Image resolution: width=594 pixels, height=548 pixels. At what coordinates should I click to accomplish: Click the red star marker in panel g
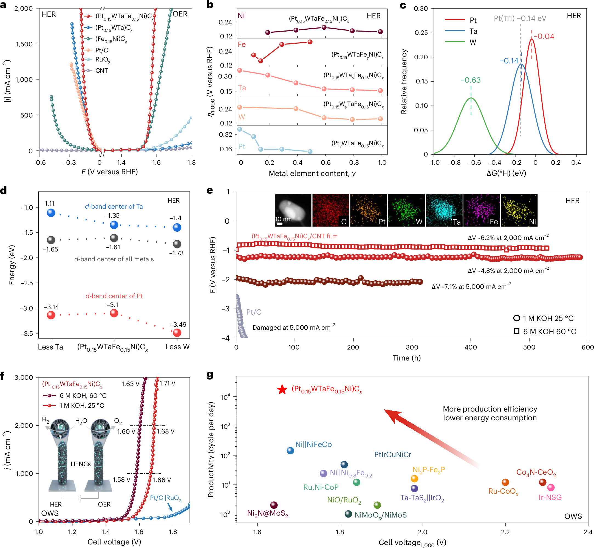(282, 390)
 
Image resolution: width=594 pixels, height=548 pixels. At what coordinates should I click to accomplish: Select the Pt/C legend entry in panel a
(102, 50)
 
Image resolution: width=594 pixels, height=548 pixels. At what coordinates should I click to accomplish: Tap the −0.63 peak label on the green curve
(471, 80)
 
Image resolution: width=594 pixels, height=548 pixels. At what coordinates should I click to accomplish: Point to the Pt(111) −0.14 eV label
(520, 18)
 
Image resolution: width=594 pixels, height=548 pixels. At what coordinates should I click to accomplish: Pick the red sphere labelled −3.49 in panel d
(177, 333)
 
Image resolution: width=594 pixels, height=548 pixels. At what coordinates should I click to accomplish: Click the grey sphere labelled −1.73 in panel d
(177, 244)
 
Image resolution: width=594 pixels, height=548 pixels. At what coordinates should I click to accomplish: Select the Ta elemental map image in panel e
(444, 210)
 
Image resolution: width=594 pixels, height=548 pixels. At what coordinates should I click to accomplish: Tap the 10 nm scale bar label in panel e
(283, 219)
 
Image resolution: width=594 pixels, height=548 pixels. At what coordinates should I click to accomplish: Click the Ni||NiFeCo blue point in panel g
(290, 451)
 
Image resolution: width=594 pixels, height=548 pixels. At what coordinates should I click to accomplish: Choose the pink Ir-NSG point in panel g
(551, 488)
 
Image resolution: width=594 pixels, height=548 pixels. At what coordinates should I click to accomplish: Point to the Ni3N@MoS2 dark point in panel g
(274, 505)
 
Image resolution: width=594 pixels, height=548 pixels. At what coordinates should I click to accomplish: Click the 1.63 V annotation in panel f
(130, 384)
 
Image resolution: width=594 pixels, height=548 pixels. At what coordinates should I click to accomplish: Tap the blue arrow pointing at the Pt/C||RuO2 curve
(170, 507)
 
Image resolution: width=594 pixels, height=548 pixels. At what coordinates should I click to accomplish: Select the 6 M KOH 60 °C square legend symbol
(516, 331)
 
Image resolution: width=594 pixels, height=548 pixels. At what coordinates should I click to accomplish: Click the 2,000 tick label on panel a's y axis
(24, 9)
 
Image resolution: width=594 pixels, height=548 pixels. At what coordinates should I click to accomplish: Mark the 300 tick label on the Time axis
(412, 347)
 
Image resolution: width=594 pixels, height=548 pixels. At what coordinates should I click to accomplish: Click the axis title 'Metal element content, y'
(312, 174)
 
